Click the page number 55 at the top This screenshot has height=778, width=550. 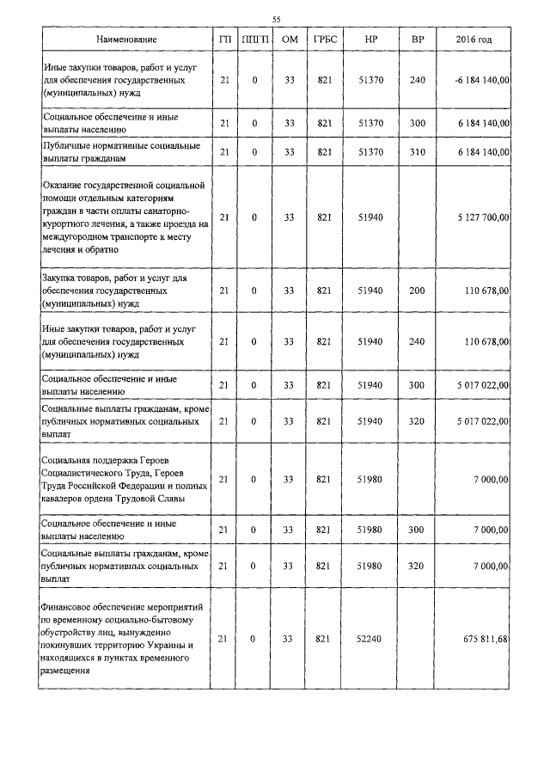pos(276,19)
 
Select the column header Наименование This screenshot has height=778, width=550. pos(126,40)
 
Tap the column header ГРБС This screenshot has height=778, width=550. pos(325,40)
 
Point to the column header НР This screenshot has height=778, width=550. pos(370,40)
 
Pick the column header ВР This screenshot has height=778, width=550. pos(418,40)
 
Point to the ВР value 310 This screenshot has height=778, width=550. pos(418,152)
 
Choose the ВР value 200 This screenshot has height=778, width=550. pos(418,291)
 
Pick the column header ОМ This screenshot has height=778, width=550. pos(290,40)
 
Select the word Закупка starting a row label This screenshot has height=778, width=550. pos(62,279)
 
